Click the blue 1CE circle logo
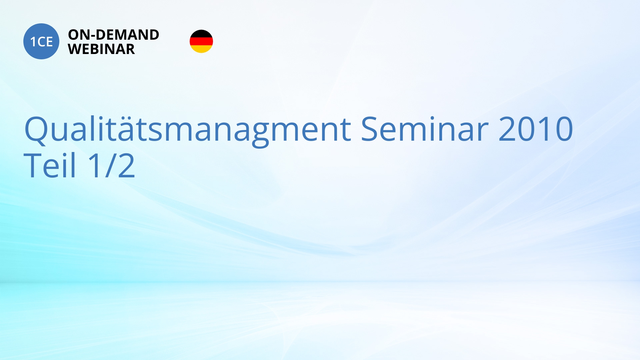pyautogui.click(x=41, y=41)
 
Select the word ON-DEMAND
pyautogui.click(x=114, y=35)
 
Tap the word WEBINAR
pyautogui.click(x=101, y=49)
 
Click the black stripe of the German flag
pyautogui.click(x=201, y=33)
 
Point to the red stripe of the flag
pyautogui.click(x=201, y=41)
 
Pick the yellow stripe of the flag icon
pyautogui.click(x=201, y=49)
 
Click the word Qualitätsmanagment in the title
pyautogui.click(x=188, y=130)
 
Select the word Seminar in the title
pyautogui.click(x=424, y=129)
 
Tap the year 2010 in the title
pyautogui.click(x=536, y=129)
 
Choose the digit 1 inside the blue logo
pyautogui.click(x=33, y=42)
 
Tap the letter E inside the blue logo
pyautogui.click(x=49, y=42)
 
